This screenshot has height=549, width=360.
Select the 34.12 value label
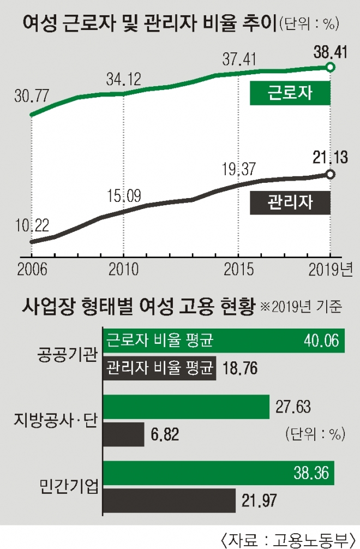coord(123,80)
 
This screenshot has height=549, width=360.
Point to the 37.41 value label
coord(238,58)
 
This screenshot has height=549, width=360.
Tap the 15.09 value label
coord(123,195)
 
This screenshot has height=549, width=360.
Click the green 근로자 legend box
coord(290,93)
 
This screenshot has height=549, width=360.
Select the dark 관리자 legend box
coord(290,202)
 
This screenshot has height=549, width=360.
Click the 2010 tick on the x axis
coord(123,270)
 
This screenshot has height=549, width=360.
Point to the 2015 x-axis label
coord(238,270)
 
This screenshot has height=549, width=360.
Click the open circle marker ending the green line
coord(330,67)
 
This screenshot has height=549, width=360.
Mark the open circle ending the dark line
coord(330,174)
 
